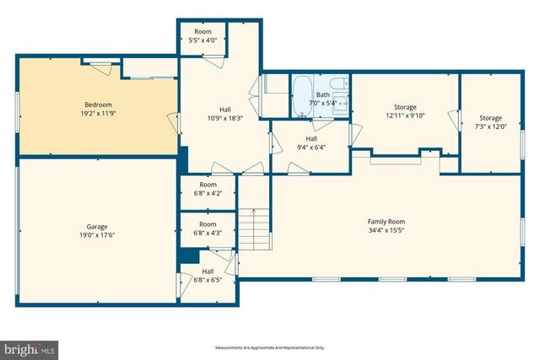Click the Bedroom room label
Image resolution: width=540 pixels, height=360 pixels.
(x=98, y=105)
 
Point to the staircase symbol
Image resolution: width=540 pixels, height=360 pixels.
(x=256, y=230)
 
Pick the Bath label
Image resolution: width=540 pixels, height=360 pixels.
(x=323, y=95)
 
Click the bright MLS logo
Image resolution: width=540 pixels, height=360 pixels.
(x=30, y=347)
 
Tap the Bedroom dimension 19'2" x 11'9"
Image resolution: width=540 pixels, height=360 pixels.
(x=98, y=114)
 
